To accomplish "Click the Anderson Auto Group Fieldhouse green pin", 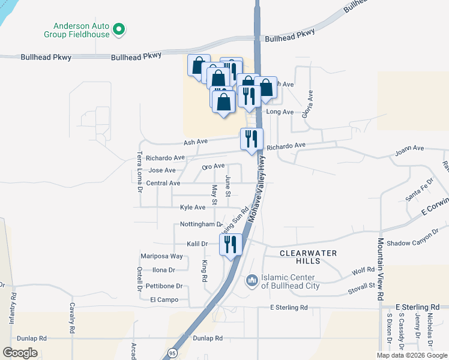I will (x=119, y=29).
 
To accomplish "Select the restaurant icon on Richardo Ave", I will (x=252, y=138).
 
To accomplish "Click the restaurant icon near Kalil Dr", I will (x=231, y=244).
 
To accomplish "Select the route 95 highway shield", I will (x=173, y=352).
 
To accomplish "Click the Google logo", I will (x=20, y=353).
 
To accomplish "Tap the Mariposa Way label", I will (x=161, y=256).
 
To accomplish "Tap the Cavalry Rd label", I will (x=71, y=317).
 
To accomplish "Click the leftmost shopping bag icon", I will (x=198, y=65).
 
